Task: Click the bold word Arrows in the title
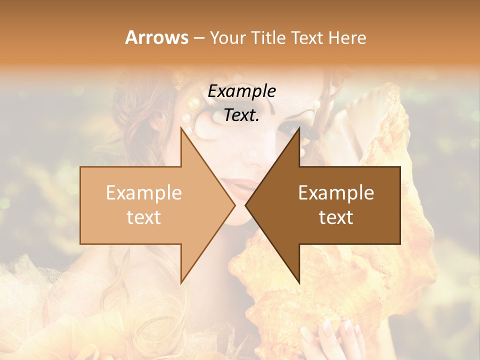click(x=156, y=37)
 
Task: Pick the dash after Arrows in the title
click(x=198, y=38)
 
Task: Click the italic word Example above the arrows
click(x=242, y=91)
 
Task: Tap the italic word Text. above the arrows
click(x=242, y=115)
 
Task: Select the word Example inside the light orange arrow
click(x=144, y=193)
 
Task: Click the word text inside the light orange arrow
click(x=144, y=217)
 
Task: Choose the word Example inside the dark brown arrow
click(x=336, y=193)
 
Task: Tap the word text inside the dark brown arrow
click(x=336, y=217)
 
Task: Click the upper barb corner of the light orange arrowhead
click(x=181, y=128)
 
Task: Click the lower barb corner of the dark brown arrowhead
click(x=299, y=283)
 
